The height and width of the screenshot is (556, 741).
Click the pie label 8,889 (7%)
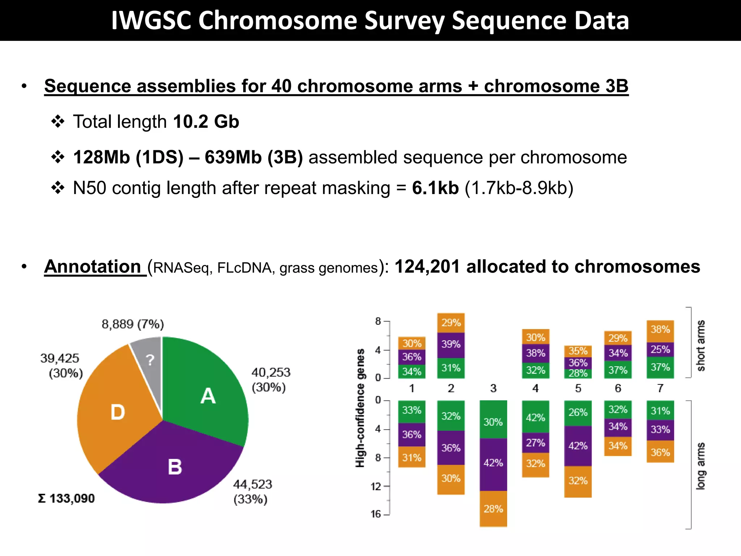[x=133, y=324]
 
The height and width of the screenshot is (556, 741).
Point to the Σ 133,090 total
[x=67, y=498]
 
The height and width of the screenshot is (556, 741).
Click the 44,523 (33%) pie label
[x=252, y=492]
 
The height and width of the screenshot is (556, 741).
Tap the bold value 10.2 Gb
[x=206, y=122]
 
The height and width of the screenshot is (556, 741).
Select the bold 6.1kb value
[x=435, y=188]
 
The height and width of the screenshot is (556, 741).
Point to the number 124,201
[x=427, y=267]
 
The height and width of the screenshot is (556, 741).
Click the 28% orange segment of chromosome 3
[x=493, y=509]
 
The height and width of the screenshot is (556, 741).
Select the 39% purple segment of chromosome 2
[x=451, y=344]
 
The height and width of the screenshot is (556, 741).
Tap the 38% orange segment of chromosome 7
[x=660, y=330]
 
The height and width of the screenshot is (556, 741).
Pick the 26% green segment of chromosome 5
[x=578, y=413]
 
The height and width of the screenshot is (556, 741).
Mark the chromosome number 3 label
[x=493, y=388]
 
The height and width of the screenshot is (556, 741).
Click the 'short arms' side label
[x=701, y=345]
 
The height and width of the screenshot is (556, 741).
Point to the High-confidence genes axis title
[x=360, y=408]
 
